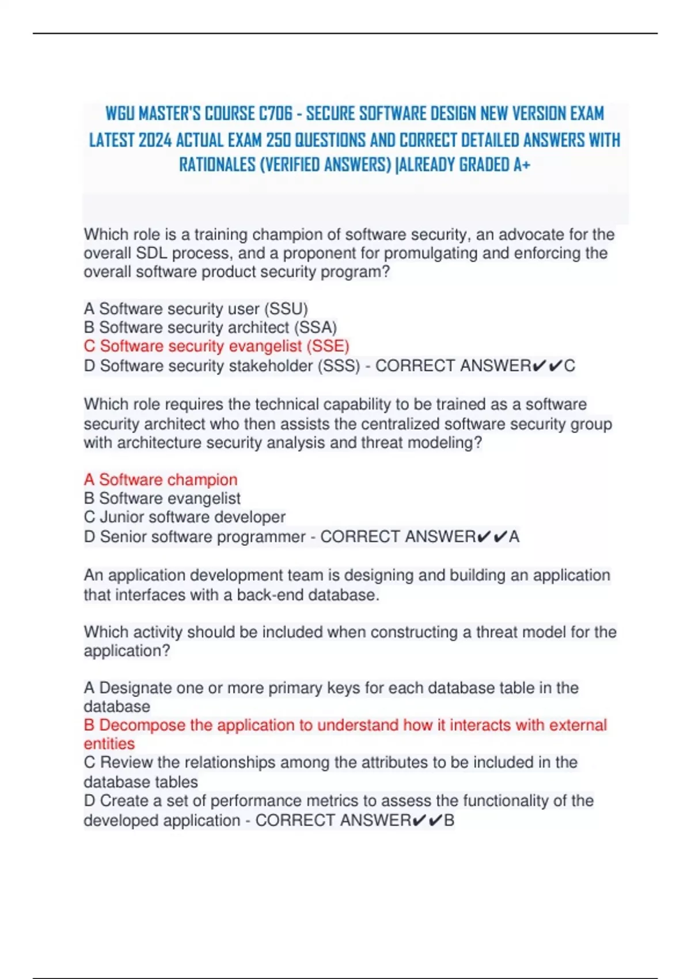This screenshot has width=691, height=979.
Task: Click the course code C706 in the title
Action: [x=276, y=113]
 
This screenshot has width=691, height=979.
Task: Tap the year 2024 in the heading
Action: [x=155, y=140]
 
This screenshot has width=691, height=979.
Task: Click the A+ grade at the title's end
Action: [x=522, y=165]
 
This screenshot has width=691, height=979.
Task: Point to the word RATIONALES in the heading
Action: [x=217, y=165]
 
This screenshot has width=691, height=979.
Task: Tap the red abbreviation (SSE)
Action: [x=328, y=346]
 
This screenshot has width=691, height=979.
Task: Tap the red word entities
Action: [x=109, y=743]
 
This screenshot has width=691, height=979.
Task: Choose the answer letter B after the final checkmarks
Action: [x=449, y=820]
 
